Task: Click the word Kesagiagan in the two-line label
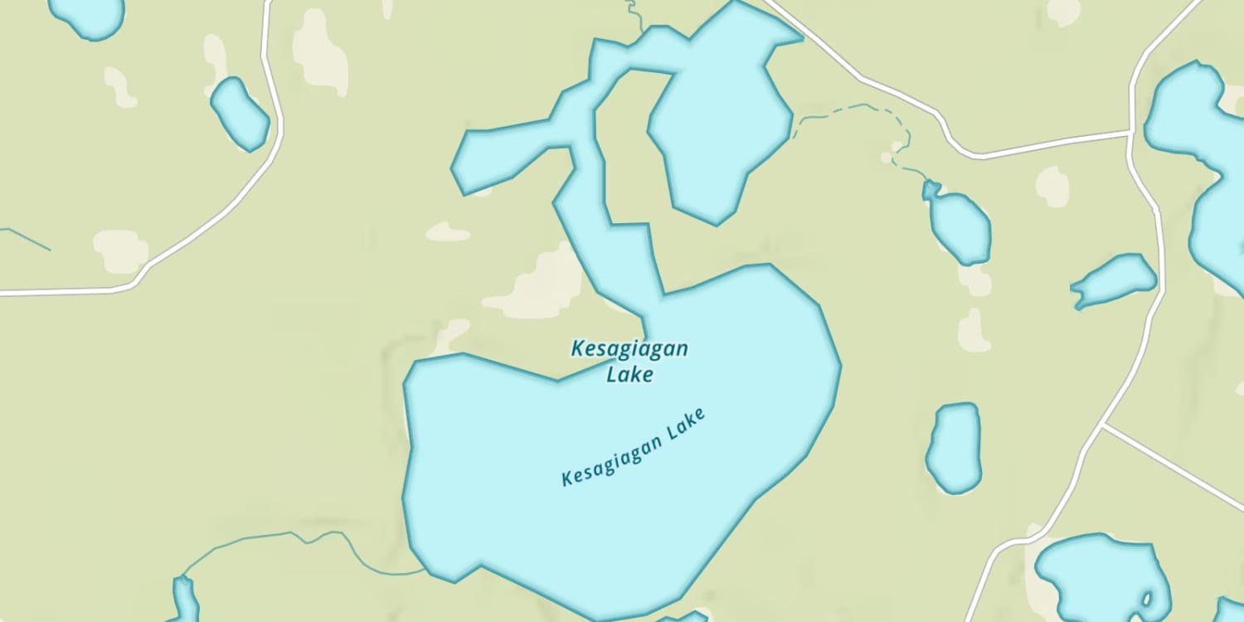click(629, 348)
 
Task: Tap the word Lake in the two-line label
click(629, 375)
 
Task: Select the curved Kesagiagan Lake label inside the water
click(634, 448)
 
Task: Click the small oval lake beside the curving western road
click(239, 114)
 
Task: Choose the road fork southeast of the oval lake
click(1103, 426)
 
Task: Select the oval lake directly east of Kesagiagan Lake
click(954, 448)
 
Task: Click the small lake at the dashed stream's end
click(959, 224)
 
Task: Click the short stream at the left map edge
click(25, 238)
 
